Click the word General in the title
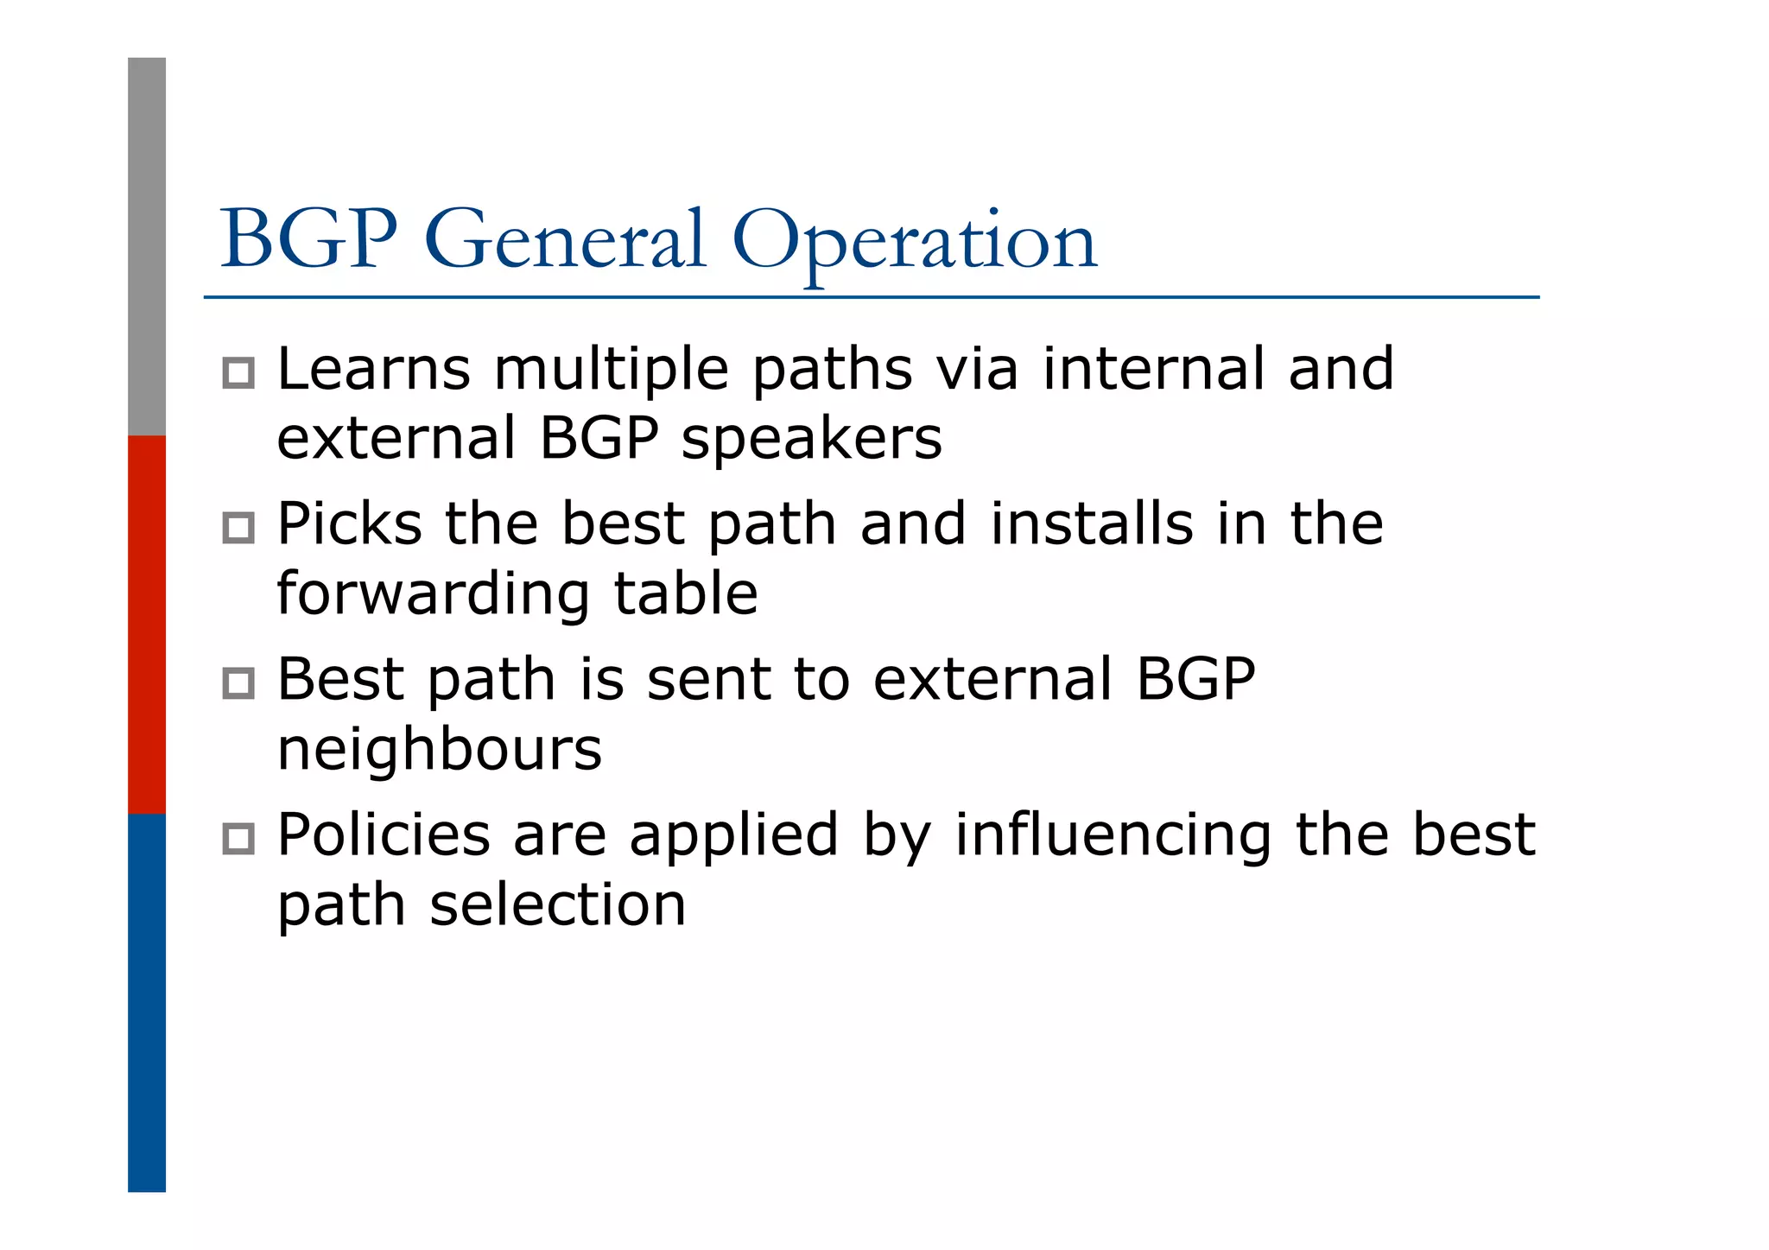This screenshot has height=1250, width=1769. (565, 240)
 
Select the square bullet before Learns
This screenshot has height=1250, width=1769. (238, 373)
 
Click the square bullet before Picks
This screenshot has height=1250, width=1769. (238, 528)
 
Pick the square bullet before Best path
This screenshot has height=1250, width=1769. (238, 683)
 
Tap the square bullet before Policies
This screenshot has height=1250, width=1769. (238, 839)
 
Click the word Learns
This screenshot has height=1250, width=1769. (373, 370)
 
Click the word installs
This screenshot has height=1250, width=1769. (1091, 524)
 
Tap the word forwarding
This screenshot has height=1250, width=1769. (433, 596)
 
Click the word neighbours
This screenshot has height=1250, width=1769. (439, 751)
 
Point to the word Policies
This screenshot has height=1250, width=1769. (383, 835)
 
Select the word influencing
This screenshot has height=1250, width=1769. (1113, 837)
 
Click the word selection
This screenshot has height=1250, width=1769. (557, 905)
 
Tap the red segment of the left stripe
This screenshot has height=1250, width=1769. (147, 624)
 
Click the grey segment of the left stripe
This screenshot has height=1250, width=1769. (147, 246)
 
